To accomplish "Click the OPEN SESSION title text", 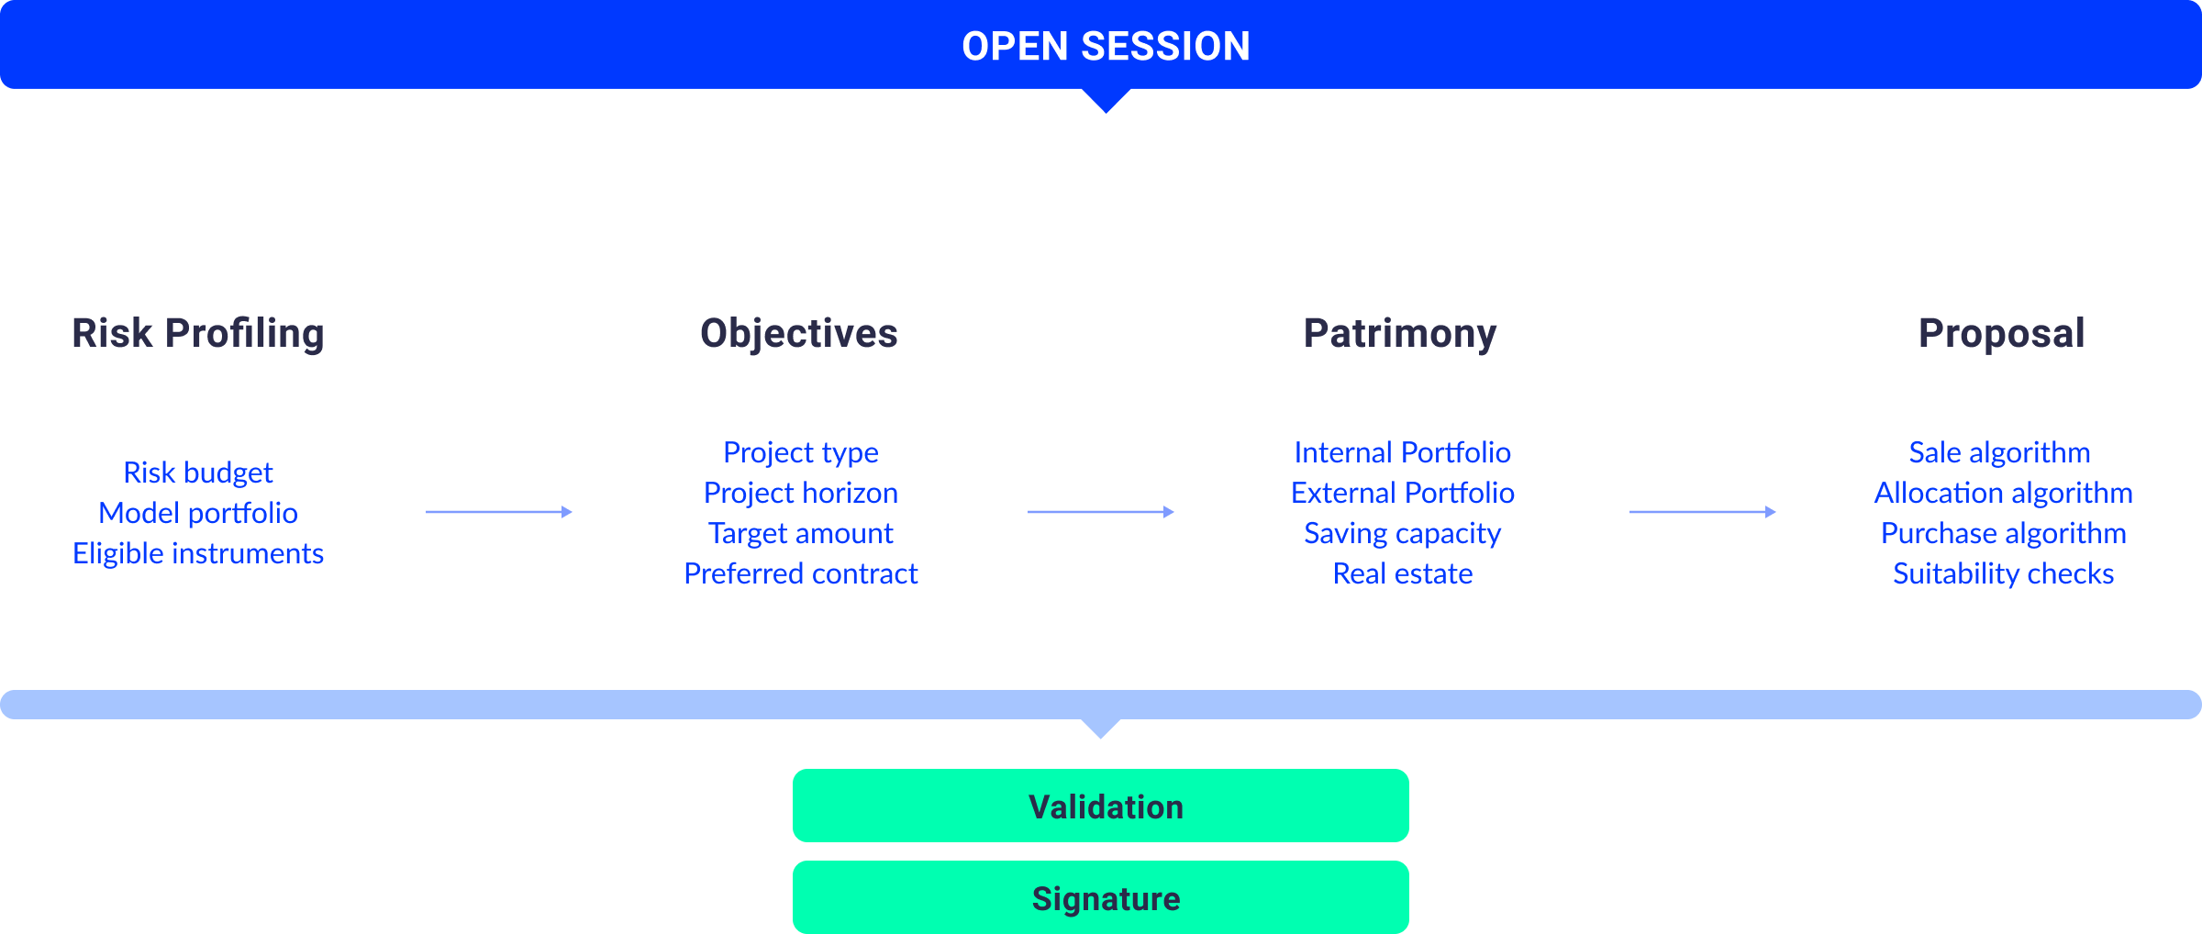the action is (x=1106, y=46).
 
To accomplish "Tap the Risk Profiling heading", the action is (x=198, y=334).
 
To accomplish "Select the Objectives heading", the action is (x=799, y=334).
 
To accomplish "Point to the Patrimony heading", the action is (x=1400, y=334).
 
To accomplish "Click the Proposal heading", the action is (x=2002, y=334).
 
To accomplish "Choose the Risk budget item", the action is (x=198, y=473).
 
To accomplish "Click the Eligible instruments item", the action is (x=198, y=553).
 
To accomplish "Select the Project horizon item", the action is (x=801, y=493).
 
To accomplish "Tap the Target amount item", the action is (x=801, y=533).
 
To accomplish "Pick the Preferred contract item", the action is (x=801, y=573).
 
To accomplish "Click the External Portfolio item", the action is (x=1403, y=493).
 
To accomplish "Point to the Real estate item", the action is (x=1403, y=573).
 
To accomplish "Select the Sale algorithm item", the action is (x=2000, y=452).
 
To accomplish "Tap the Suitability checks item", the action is (x=2004, y=573).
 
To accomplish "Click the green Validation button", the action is (x=1101, y=806).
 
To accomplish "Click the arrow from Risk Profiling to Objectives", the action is (x=499, y=512).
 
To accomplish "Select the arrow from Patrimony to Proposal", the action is (x=1703, y=512).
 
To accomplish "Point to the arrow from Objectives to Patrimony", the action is (x=1101, y=512).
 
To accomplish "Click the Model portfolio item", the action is (x=198, y=513).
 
